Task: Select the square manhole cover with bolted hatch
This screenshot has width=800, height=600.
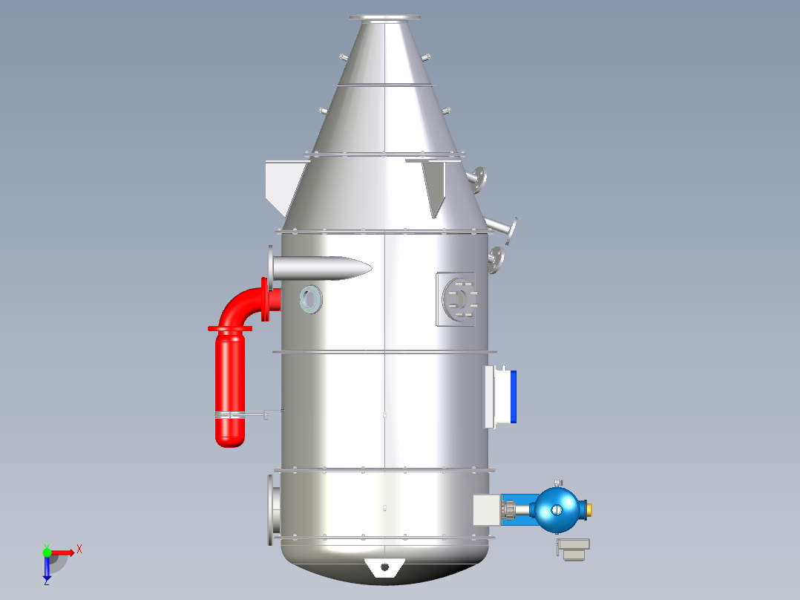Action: [x=460, y=299]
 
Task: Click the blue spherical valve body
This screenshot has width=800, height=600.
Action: [x=559, y=509]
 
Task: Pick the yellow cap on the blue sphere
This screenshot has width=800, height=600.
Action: [x=590, y=509]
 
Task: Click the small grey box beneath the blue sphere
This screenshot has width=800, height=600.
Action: [x=573, y=549]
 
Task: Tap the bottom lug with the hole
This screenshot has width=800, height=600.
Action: [x=384, y=567]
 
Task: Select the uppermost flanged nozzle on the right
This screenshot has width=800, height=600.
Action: [x=478, y=178]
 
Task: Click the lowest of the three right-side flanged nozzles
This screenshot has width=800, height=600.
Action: [x=495, y=260]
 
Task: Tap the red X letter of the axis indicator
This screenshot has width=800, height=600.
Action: [x=79, y=550]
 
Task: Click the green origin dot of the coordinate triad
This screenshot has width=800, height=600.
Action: [x=47, y=552]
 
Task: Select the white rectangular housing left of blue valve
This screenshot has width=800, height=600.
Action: [x=486, y=510]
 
